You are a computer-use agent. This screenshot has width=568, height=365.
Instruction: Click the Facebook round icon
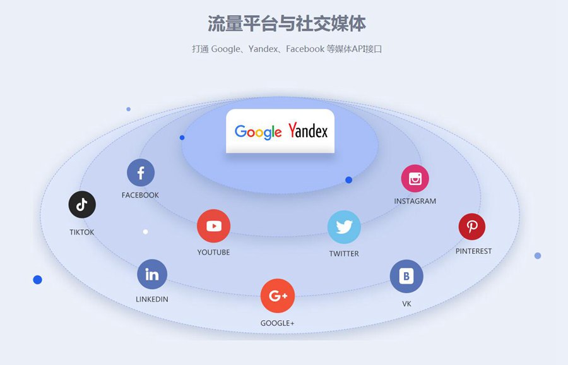[x=141, y=172]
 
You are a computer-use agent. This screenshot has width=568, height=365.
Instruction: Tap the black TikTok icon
[x=82, y=205]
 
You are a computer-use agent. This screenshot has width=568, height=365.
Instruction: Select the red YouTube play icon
[x=213, y=226]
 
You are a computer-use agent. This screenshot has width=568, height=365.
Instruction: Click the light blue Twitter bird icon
[x=344, y=227]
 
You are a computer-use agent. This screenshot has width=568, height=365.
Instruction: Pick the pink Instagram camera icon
[x=415, y=179]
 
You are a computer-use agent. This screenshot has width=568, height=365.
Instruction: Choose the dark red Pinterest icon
[x=471, y=226]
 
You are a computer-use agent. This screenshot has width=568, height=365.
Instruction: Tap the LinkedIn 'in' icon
[x=152, y=275]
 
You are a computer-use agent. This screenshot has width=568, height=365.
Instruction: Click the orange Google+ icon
[x=278, y=296]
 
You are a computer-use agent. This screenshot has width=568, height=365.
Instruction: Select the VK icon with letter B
[x=406, y=276]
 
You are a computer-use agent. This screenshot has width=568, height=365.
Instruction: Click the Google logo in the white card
[x=257, y=131]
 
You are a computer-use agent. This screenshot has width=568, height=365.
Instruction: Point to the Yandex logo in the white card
[x=308, y=131]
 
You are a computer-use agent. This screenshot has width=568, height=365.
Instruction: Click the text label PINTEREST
[x=473, y=251]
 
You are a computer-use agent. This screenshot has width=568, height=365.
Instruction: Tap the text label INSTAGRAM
[x=415, y=201]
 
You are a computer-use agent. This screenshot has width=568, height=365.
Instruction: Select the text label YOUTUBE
[x=213, y=253]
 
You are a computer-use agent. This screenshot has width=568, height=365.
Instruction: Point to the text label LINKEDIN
[x=152, y=299]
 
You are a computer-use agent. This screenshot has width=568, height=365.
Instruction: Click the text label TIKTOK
[x=82, y=232]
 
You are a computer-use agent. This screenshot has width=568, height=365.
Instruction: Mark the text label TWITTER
[x=344, y=254]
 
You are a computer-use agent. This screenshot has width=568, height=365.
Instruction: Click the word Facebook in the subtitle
[x=305, y=49]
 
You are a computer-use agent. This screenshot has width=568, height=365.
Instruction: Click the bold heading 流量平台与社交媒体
[x=287, y=23]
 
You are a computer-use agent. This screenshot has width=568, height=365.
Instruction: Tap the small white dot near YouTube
[x=146, y=232]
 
